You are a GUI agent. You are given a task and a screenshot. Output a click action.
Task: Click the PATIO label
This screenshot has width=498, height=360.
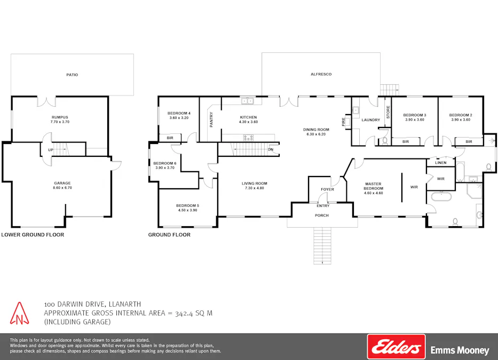[72, 75]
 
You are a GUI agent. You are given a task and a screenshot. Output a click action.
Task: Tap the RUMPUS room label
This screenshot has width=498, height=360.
[60, 117]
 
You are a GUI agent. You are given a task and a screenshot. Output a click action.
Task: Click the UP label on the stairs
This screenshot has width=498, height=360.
[51, 150]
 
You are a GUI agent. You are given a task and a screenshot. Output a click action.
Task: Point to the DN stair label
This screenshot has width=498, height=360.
[271, 149]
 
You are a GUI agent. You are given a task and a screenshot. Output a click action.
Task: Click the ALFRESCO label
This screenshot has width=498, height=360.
[321, 74]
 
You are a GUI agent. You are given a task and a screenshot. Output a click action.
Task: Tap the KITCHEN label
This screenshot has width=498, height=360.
[248, 117]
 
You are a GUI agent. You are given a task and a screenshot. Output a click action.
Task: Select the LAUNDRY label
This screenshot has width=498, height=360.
[370, 120]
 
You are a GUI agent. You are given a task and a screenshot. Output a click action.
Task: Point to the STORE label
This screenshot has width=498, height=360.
[388, 112]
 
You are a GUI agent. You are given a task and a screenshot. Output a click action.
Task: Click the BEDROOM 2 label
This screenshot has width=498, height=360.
[460, 115]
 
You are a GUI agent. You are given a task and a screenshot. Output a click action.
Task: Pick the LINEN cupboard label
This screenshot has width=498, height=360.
[440, 162]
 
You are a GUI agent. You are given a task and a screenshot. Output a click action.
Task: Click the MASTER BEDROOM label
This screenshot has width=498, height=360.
[373, 186]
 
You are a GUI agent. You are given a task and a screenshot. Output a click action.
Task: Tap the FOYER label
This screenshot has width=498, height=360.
[327, 189]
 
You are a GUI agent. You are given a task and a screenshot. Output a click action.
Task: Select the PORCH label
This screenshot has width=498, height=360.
[321, 215]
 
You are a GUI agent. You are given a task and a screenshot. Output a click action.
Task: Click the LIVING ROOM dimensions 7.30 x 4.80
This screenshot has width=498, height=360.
[255, 188]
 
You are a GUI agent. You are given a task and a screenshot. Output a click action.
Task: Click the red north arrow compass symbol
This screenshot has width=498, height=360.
[20, 314]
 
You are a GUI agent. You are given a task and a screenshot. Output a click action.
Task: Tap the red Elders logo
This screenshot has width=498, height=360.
[396, 347]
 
